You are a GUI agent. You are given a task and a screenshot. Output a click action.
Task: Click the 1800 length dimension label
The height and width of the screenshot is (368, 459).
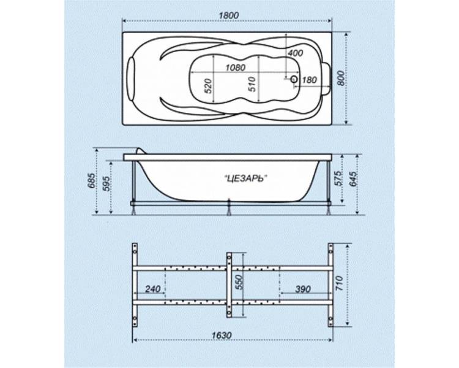coord(229,15)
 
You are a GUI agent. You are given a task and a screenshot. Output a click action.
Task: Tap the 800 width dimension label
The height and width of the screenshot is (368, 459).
coord(340,78)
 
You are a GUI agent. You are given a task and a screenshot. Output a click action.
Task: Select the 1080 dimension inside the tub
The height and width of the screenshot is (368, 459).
coord(236,67)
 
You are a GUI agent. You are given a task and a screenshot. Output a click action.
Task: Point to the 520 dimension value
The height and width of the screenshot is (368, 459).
coord(207,86)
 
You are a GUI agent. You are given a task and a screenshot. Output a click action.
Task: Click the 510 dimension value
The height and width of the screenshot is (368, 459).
coord(252,84)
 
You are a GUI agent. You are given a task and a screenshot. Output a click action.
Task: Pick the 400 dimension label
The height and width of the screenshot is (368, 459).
coord(295,53)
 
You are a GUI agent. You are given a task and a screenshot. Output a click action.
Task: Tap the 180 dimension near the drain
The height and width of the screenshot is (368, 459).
coord(309,80)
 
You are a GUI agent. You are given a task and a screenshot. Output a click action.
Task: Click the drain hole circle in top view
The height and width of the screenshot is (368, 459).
coord(294,79)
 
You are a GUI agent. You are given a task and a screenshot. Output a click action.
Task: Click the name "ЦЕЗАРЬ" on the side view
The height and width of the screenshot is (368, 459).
coord(246,178)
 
